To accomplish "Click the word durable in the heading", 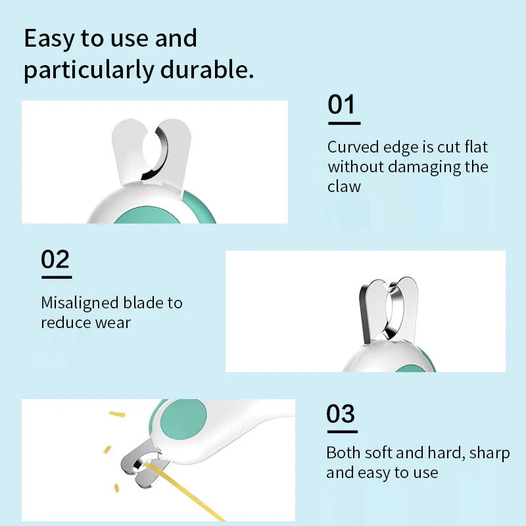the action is (207, 70).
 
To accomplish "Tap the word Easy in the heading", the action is (49, 39).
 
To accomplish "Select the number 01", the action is (341, 105).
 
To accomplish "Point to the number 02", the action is (55, 259).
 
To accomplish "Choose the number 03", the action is (341, 414).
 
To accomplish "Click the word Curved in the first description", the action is (353, 147).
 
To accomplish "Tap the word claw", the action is (344, 186).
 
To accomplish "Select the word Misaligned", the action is (80, 304).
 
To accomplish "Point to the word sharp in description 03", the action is (489, 454).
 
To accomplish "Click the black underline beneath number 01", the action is (344, 124).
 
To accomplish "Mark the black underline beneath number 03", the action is (342, 432).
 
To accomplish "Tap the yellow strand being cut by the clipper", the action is (185, 491).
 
